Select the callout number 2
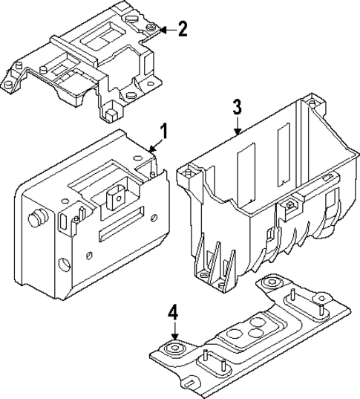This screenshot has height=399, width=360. pos(183,29)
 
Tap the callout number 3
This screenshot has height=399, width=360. pos(236,106)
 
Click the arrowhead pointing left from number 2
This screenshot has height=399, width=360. pos(163,30)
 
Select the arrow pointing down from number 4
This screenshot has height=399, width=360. pos(174,334)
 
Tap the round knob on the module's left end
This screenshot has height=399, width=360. pos(33,221)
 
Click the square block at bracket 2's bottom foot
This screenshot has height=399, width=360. pos(109,114)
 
